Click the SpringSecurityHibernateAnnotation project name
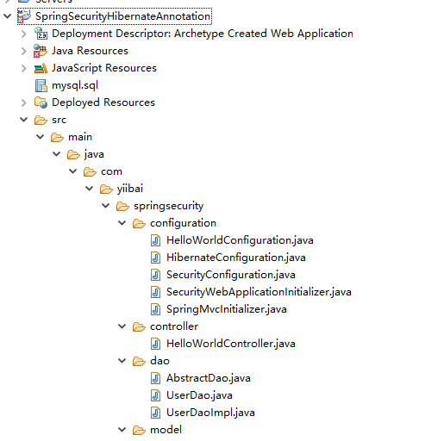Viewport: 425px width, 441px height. [122, 16]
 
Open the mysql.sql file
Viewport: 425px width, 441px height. [75, 85]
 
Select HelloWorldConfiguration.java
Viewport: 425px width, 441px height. [240, 240]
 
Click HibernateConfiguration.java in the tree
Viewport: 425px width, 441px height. [236, 258]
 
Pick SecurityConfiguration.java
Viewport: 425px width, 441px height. [231, 275]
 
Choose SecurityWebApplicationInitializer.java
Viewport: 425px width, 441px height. [259, 292]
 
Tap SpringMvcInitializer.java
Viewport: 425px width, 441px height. [227, 309]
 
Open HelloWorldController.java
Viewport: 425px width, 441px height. [231, 344]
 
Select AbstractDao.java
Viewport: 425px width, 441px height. [209, 378]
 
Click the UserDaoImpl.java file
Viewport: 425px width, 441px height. [210, 413]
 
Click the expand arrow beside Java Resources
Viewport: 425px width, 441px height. [24, 51]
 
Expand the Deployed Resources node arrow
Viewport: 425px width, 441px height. [24, 102]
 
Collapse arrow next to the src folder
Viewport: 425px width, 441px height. [24, 120]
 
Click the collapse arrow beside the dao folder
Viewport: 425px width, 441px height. [122, 361]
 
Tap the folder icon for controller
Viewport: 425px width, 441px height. [139, 326]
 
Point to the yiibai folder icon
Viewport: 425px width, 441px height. [106, 189]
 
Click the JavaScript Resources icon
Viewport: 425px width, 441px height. [41, 68]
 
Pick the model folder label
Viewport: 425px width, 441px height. [166, 430]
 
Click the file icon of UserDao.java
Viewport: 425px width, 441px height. [155, 395]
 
